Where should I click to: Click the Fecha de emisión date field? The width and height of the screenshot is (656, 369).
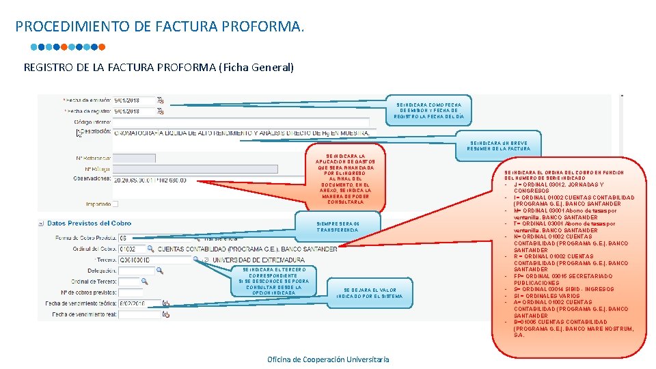point(134,100)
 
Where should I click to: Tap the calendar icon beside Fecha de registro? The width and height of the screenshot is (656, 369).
point(161,111)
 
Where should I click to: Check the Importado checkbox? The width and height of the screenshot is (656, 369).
point(115,204)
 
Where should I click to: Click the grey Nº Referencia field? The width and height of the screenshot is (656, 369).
point(134,158)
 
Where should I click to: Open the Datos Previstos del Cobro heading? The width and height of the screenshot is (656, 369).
point(89,223)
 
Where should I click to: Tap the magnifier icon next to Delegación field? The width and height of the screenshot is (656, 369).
point(160,271)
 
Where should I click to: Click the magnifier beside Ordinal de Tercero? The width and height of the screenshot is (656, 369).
point(144,281)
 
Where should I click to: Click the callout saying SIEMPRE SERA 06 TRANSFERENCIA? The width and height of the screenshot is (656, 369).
point(338,227)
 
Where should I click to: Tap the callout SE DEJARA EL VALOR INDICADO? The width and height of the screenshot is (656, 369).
point(370,293)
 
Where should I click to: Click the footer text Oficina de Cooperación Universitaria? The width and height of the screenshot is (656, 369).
point(328,359)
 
